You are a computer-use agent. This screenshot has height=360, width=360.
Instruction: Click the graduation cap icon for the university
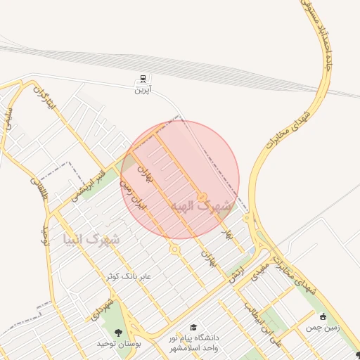pyautogui.click(x=193, y=327)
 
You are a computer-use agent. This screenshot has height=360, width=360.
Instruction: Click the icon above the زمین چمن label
pyautogui.click(x=323, y=316)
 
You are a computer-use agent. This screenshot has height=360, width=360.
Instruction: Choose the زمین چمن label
pyautogui.click(x=323, y=328)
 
